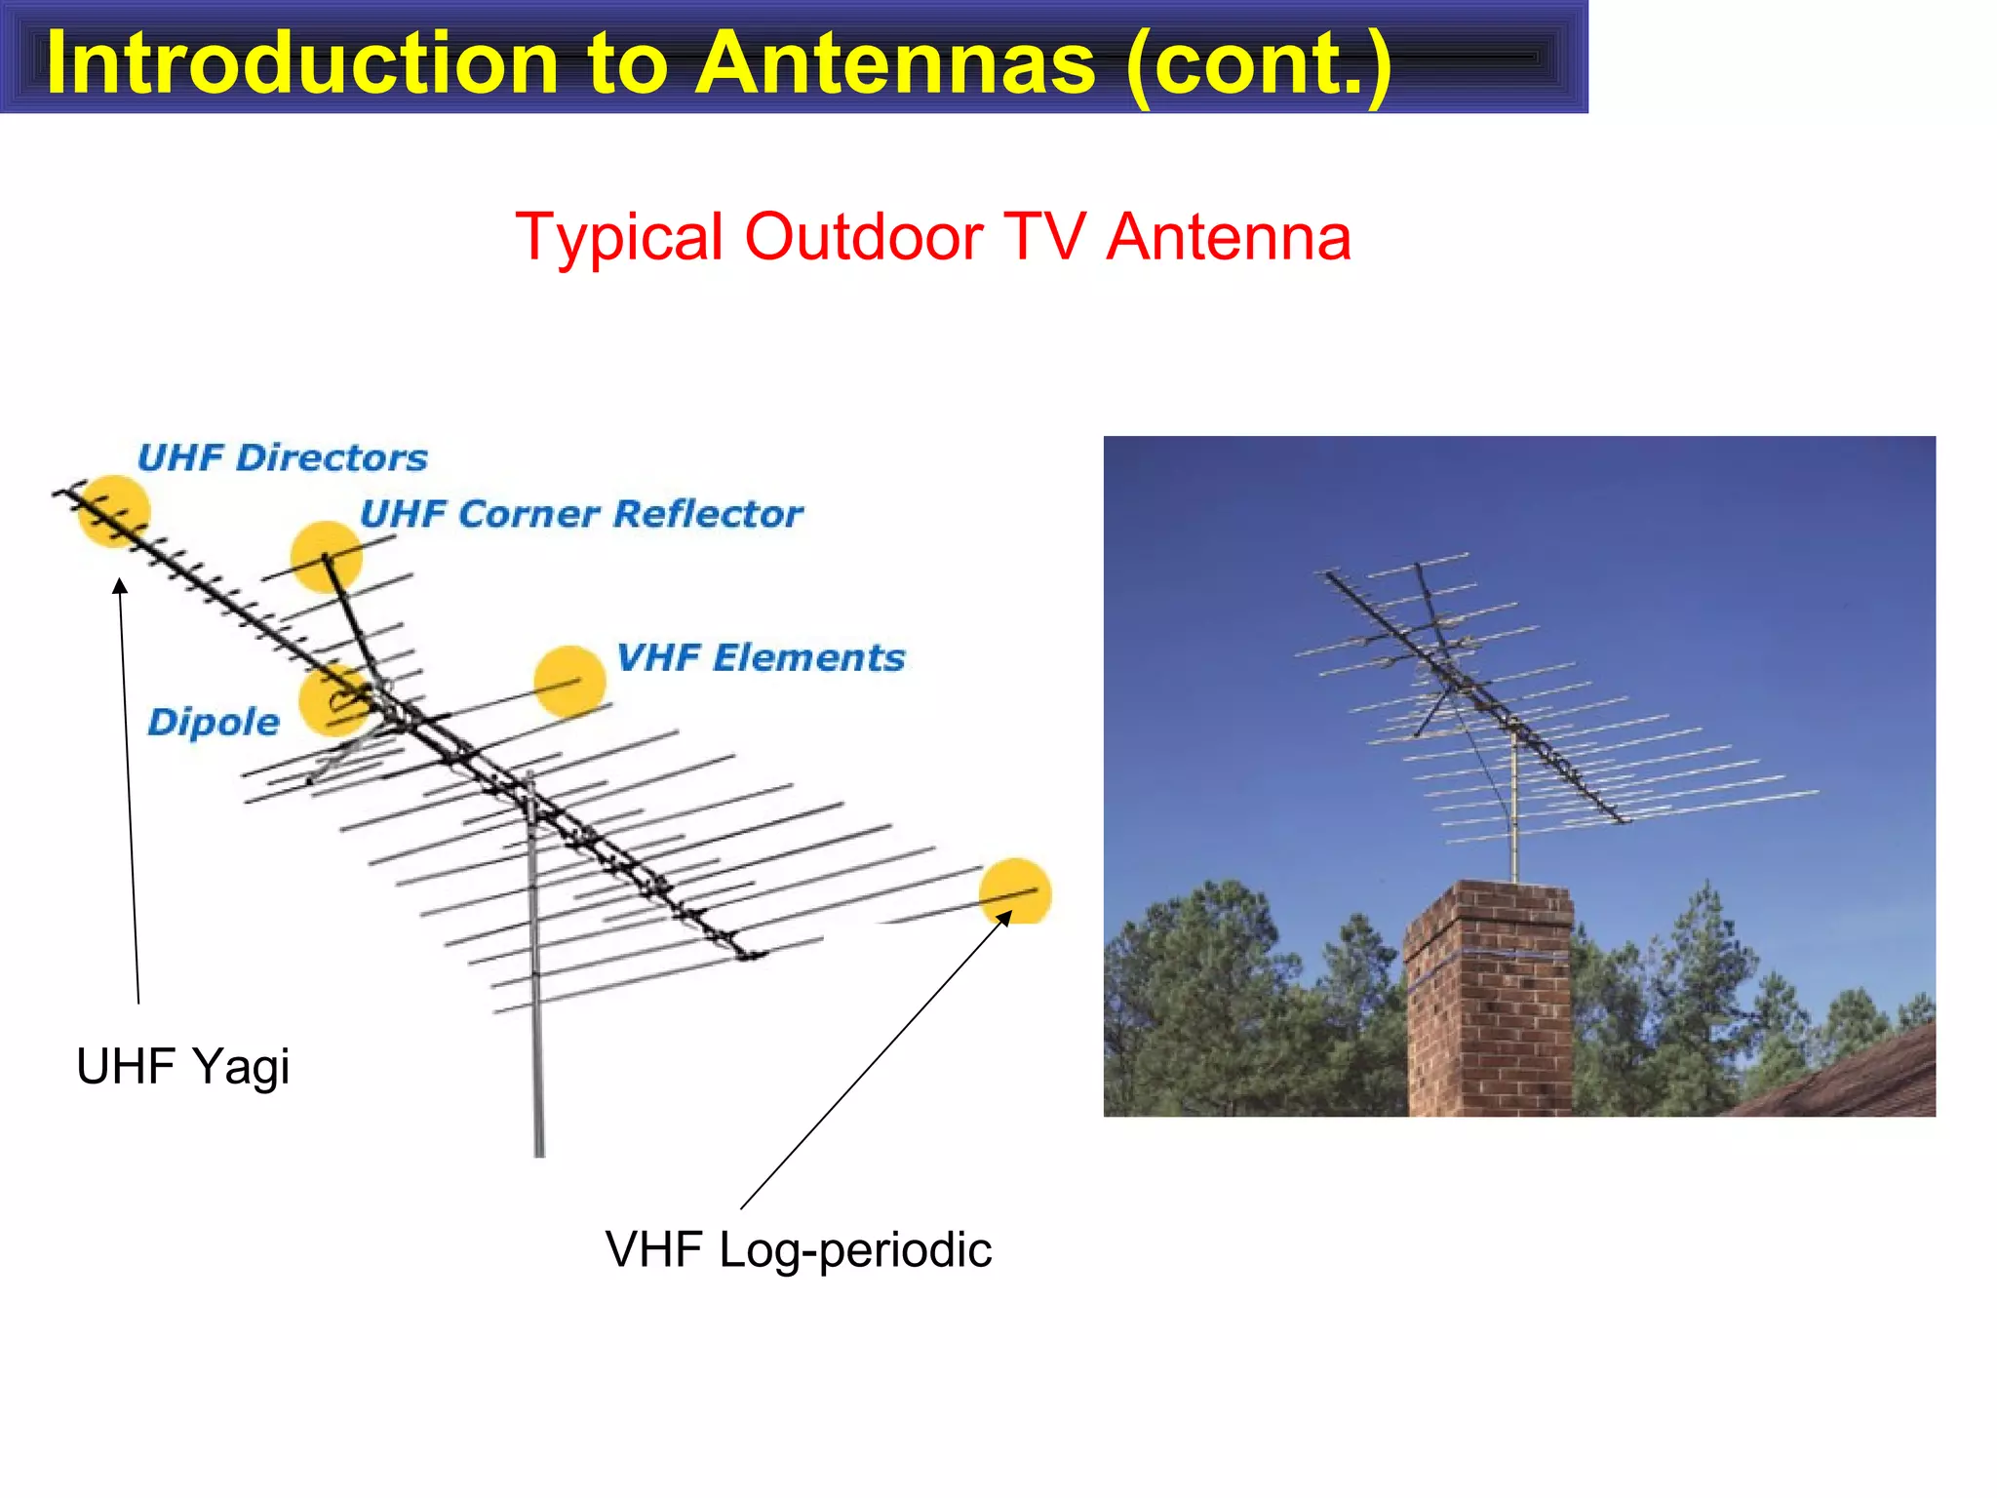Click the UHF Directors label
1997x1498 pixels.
(x=283, y=457)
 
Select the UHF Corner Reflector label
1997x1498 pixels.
(x=581, y=514)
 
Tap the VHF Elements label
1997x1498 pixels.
(x=761, y=657)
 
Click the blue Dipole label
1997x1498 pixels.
(x=214, y=722)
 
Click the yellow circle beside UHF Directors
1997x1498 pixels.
(x=114, y=511)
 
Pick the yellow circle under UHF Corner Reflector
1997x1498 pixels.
(x=327, y=557)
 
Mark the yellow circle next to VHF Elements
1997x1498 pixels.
(x=570, y=681)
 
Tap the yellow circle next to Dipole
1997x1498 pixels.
(x=334, y=699)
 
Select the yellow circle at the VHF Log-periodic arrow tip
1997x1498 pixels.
(x=1015, y=890)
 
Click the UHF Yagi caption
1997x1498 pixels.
(x=182, y=1066)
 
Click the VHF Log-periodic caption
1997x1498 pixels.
(x=798, y=1249)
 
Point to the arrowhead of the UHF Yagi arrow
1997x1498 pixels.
(x=120, y=585)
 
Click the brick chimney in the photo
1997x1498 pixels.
(x=1487, y=1005)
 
